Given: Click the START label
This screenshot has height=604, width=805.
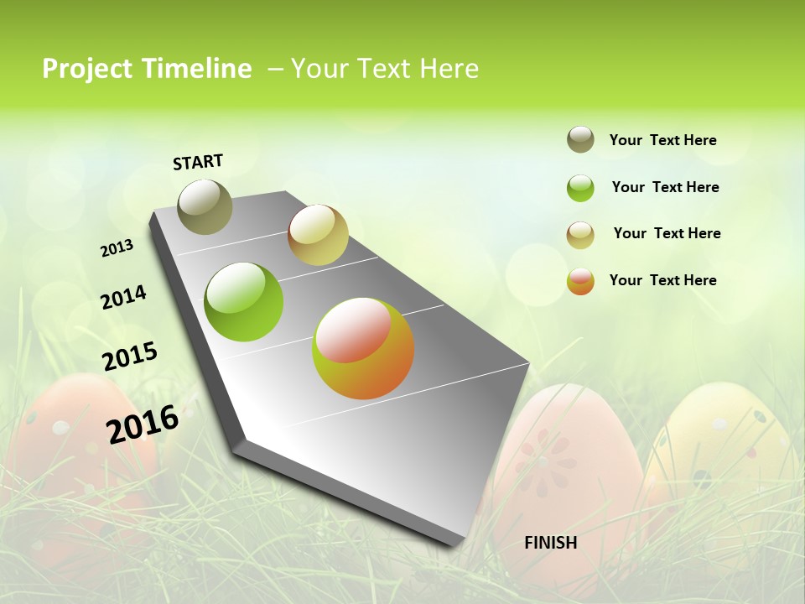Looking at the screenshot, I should (198, 162).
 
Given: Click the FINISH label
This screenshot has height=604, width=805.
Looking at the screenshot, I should (550, 543).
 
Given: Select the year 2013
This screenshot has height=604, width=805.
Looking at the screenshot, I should (117, 248).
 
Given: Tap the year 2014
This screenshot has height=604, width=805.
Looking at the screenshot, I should (123, 297).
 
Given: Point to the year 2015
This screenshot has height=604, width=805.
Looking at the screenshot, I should (130, 356).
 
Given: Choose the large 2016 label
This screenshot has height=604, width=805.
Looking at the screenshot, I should (143, 424).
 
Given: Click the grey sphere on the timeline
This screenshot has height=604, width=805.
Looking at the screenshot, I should (205, 206).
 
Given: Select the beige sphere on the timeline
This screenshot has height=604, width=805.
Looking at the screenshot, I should (318, 235).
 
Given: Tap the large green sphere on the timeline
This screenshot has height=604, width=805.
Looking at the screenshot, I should (244, 302).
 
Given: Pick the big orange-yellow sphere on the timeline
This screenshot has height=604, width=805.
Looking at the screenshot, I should (363, 348).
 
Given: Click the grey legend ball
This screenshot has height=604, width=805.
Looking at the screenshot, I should (580, 139).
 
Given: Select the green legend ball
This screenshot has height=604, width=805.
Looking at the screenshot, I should (580, 188).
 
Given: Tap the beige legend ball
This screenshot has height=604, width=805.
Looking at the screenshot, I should (580, 235).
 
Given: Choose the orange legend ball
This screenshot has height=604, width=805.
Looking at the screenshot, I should (580, 281).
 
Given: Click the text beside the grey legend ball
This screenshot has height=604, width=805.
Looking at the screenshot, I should (662, 140).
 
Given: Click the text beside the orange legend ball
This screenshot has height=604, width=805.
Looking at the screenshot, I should (662, 280).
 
